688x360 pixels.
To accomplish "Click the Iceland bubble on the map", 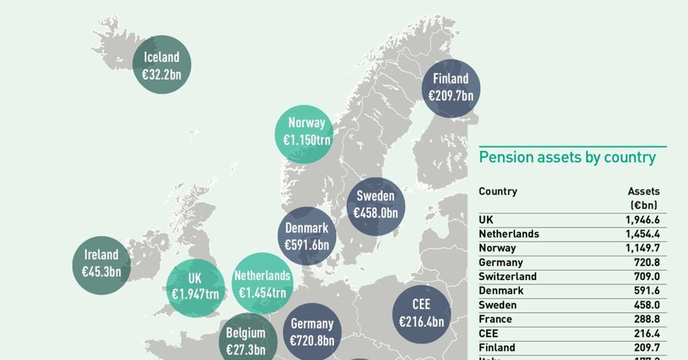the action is (161, 65).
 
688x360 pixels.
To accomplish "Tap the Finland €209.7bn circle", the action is (451, 88).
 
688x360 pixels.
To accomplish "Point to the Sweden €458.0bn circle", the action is (376, 205).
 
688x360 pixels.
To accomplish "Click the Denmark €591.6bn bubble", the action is (307, 236).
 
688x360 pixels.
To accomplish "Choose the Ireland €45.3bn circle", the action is (101, 263).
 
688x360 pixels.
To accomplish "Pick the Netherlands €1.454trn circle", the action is (262, 284).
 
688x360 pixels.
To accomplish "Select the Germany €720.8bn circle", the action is (312, 332).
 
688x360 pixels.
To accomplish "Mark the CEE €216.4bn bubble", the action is (421, 314).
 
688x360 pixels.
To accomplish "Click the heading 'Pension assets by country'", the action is (567, 158).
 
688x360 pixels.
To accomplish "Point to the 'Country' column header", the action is (498, 191).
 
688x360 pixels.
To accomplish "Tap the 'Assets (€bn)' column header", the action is (643, 198).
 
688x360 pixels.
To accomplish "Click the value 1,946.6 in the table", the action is (642, 220).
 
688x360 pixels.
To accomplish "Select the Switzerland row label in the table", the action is (507, 277).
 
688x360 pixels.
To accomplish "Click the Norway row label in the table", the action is (497, 249).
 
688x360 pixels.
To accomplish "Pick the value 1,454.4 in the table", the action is (642, 234).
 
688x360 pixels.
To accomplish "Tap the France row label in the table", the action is (495, 319).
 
